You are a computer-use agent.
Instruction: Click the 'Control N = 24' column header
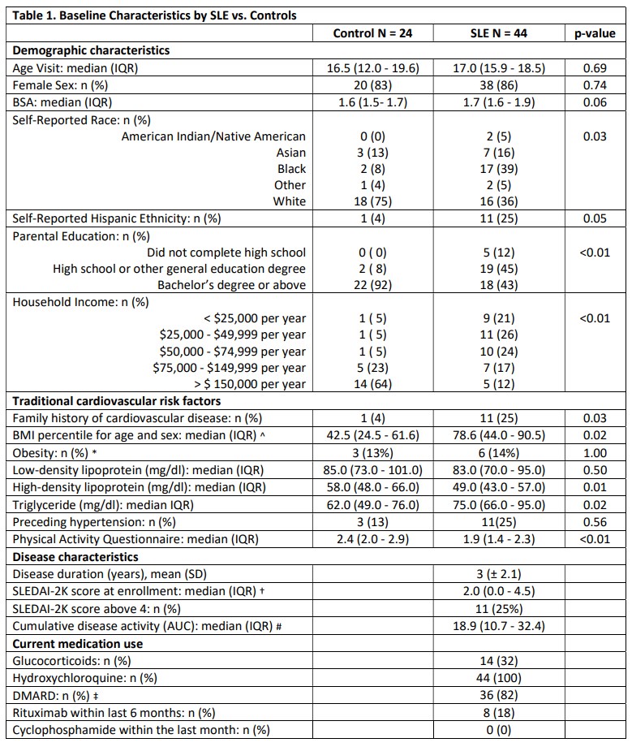pyautogui.click(x=376, y=33)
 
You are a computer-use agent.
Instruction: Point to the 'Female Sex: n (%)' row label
pyautogui.click(x=66, y=84)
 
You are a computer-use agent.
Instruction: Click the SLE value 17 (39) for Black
pyautogui.click(x=499, y=169)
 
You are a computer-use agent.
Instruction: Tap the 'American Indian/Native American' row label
pyautogui.click(x=213, y=136)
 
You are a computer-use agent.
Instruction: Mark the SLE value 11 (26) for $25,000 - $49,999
pyautogui.click(x=499, y=335)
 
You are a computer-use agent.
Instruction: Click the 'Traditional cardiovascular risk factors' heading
pyautogui.click(x=116, y=401)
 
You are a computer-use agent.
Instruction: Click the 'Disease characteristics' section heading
pyautogui.click(x=75, y=557)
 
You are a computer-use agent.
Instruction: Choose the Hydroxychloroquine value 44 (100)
pyautogui.click(x=499, y=678)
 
